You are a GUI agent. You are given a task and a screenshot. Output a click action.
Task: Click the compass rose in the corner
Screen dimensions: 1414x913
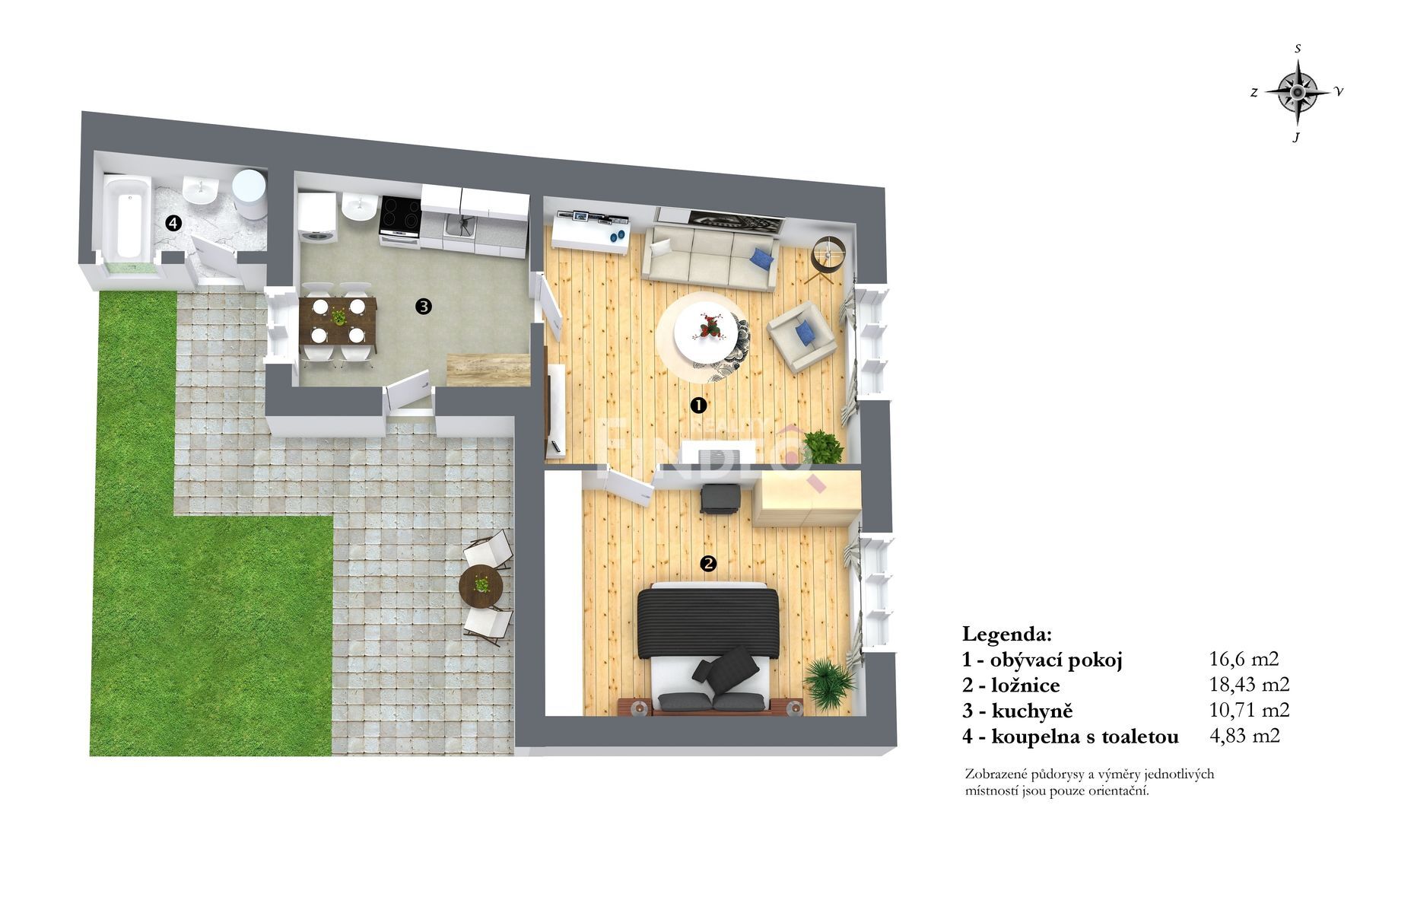pos(1298,92)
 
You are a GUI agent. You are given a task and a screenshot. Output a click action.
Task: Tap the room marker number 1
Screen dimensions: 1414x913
pos(697,406)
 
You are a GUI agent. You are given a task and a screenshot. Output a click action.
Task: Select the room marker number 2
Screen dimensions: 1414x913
pos(708,564)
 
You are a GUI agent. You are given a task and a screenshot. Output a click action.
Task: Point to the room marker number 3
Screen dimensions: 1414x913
pos(424,307)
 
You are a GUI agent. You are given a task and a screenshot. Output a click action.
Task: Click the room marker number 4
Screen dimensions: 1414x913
pos(174,223)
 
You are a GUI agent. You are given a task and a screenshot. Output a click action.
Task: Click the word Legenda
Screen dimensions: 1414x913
pos(1007,634)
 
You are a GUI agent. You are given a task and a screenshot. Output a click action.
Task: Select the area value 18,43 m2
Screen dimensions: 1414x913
pos(1249,685)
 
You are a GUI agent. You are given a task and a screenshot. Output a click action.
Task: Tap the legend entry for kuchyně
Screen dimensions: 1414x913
pos(1018,711)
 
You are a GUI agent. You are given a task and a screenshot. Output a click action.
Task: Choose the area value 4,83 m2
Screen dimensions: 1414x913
pos(1244,736)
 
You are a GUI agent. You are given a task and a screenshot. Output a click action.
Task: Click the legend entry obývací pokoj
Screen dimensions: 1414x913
pos(1042,660)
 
